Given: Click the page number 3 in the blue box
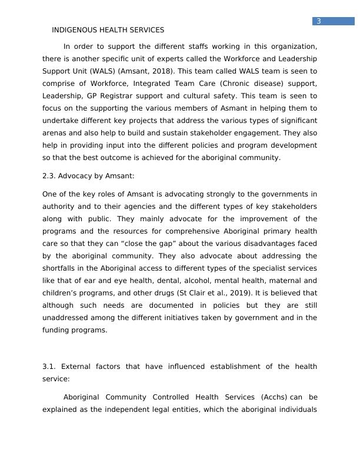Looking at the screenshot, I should coord(318,21).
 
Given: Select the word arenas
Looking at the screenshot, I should coord(55,133).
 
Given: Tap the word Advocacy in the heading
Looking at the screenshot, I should coord(76,176).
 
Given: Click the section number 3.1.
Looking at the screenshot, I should coord(49,367).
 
